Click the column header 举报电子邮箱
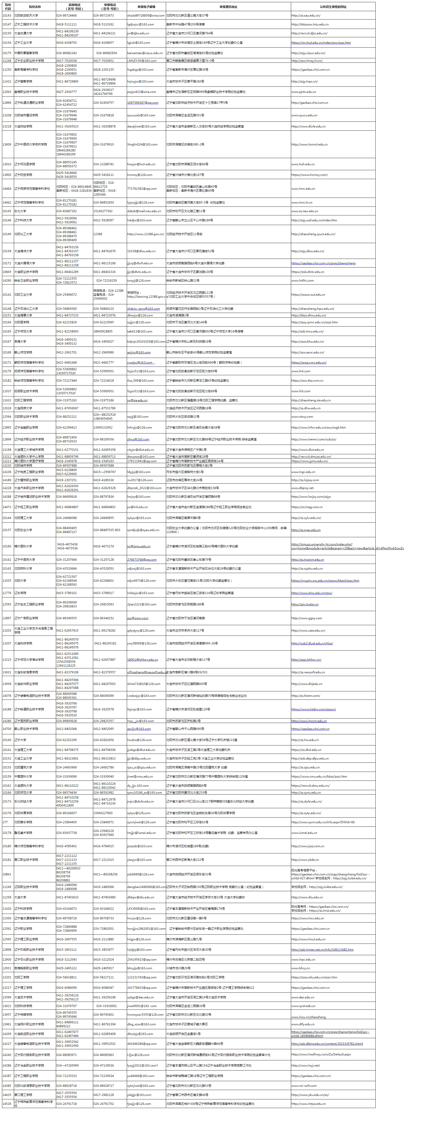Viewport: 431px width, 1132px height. tap(146, 7)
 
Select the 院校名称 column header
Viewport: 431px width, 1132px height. tap(35, 7)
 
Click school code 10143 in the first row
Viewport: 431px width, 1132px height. tap(7, 15)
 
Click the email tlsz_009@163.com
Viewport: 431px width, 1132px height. tap(140, 381)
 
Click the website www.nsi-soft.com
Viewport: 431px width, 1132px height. tap(303, 1085)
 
